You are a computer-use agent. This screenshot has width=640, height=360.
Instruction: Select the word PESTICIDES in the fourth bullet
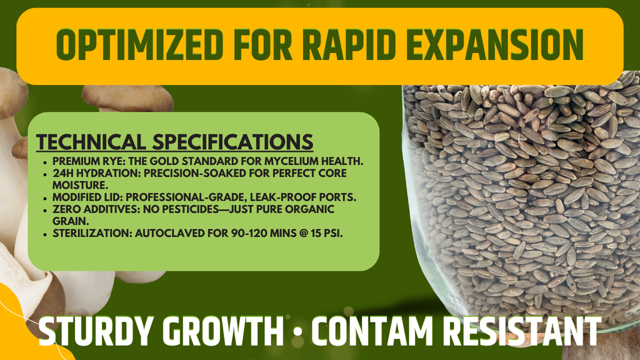click(220, 209)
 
